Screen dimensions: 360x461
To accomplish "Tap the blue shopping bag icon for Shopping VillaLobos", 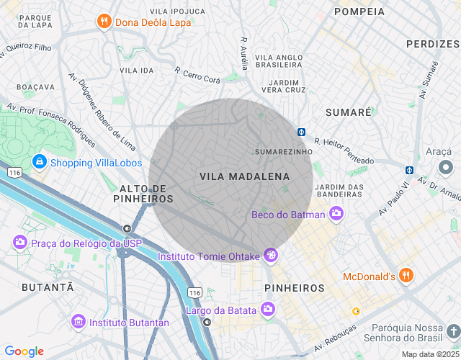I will [39, 162].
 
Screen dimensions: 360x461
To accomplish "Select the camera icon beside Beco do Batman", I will [336, 214].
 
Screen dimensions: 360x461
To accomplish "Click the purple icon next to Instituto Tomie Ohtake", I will [271, 255].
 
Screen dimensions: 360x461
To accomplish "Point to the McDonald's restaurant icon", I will [407, 276].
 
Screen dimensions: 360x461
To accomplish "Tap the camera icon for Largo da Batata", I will [268, 310].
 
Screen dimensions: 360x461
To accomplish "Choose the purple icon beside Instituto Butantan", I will [78, 322].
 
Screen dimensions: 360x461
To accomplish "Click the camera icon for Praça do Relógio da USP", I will [19, 243].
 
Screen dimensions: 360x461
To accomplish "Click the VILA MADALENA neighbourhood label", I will [244, 176].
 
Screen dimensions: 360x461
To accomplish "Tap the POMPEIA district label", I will [359, 12].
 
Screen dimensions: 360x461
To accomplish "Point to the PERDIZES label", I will [432, 44].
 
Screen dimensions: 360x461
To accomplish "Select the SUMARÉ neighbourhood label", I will [348, 113].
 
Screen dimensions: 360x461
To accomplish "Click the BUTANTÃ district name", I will [49, 287].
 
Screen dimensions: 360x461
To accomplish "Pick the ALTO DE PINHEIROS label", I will [143, 193].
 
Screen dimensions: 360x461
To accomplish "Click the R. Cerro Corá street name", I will [197, 76].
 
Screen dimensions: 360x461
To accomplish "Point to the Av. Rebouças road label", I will [334, 339].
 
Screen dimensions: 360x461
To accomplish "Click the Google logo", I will [24, 351].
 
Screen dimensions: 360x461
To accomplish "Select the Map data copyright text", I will [430, 354].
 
